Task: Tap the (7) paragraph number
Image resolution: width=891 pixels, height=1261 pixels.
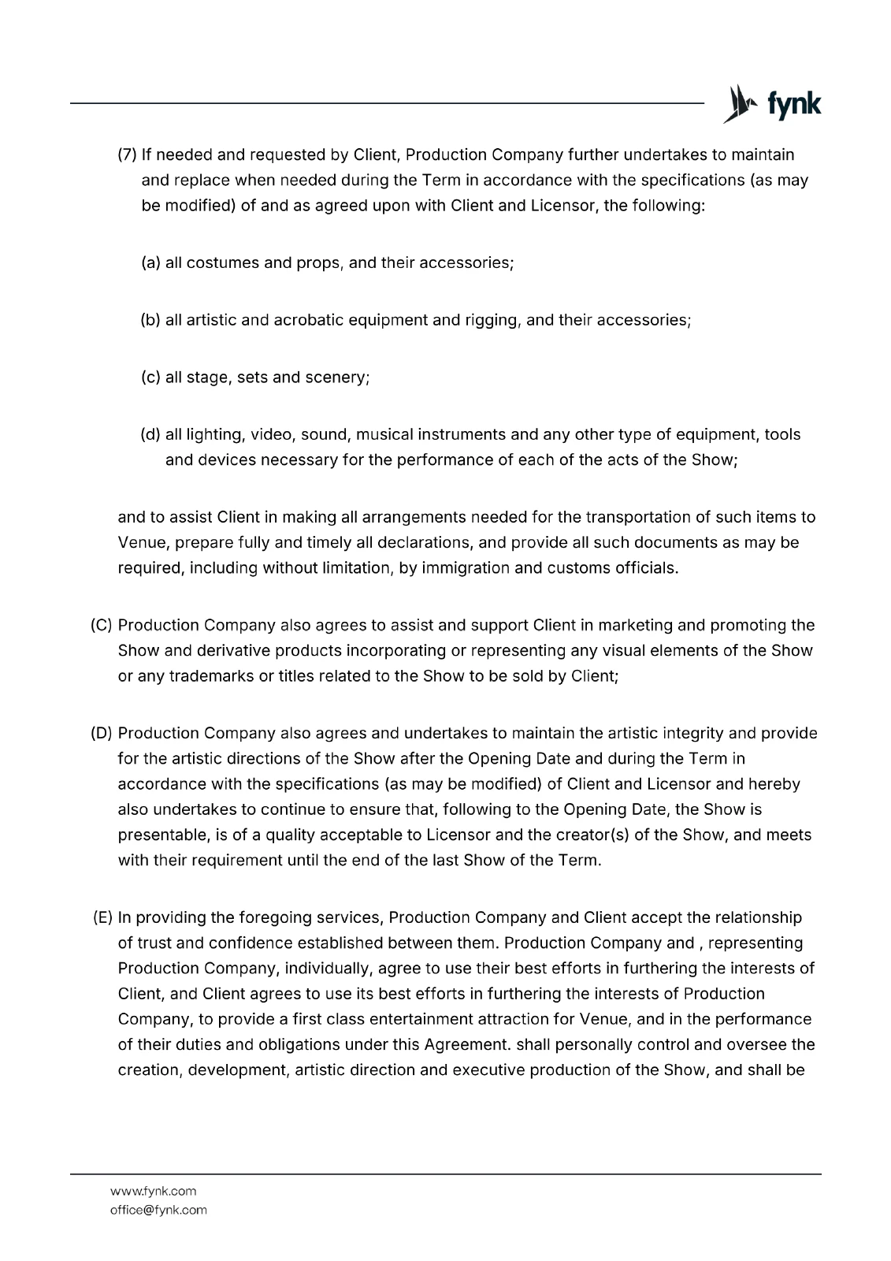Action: (x=128, y=154)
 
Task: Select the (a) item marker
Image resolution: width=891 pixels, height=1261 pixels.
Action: (x=150, y=262)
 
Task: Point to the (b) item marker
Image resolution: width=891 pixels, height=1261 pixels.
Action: (x=150, y=320)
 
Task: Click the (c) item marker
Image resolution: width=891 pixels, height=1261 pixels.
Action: (x=150, y=378)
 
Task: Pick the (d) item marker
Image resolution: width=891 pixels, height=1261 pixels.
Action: (x=150, y=434)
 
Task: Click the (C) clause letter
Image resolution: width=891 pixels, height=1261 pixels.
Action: (x=102, y=625)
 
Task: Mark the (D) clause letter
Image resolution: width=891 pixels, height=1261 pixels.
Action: (x=102, y=733)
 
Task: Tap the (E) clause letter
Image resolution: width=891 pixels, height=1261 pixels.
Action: (x=102, y=917)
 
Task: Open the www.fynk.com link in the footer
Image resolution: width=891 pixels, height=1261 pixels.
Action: (x=153, y=1191)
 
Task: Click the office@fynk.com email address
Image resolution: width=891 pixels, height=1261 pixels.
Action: (x=158, y=1210)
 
